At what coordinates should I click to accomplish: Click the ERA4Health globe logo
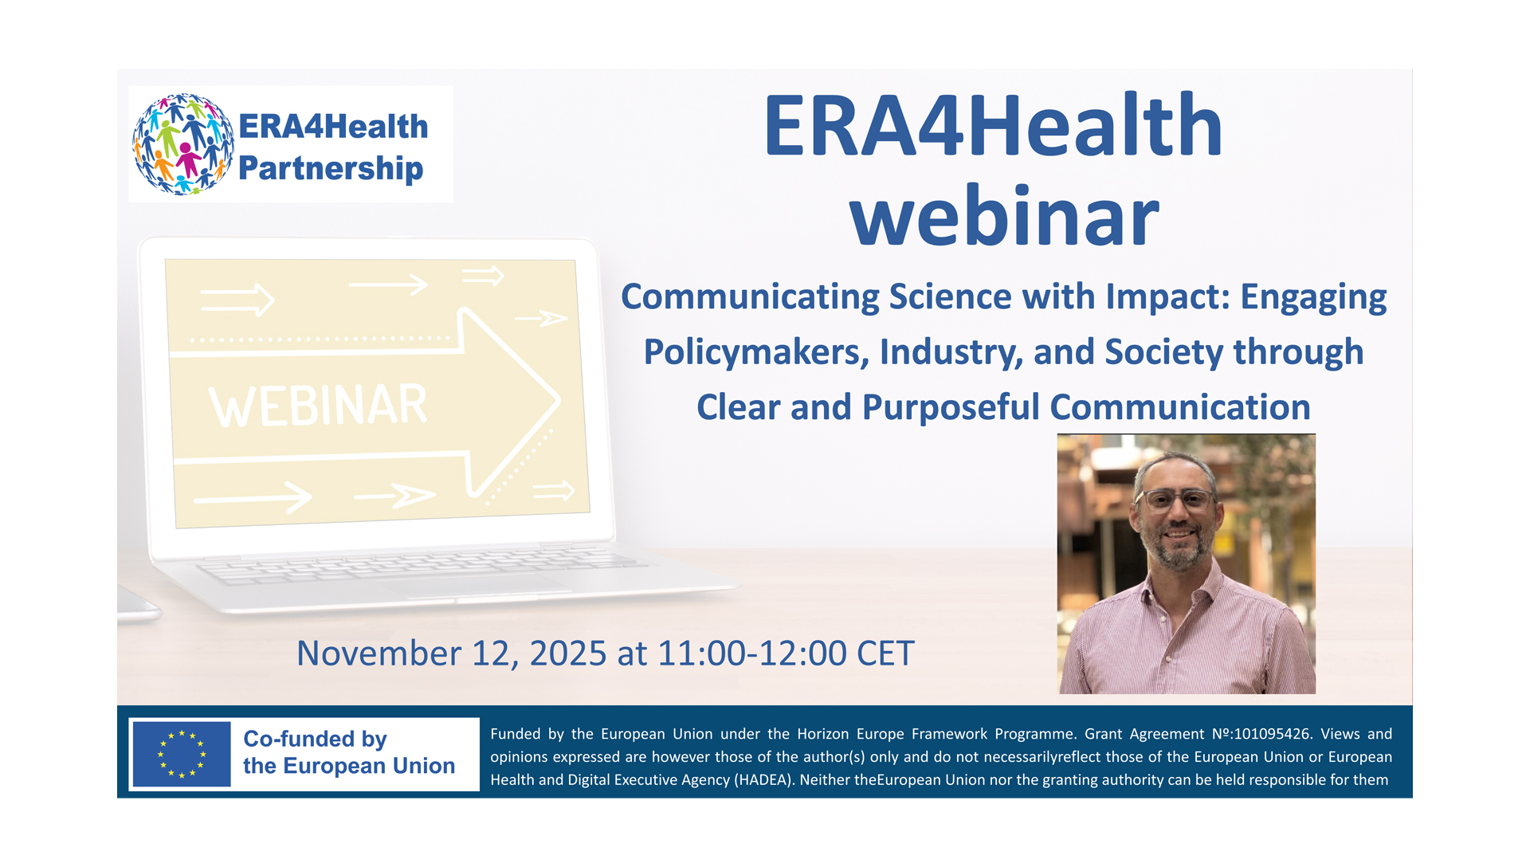click(x=183, y=144)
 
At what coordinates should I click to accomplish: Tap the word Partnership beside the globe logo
click(x=331, y=169)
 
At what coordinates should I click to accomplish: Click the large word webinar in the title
click(x=1004, y=216)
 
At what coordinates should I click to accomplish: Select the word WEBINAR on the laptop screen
click(x=318, y=406)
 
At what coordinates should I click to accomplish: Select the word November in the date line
click(x=379, y=653)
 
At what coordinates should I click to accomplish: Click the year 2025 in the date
click(x=568, y=653)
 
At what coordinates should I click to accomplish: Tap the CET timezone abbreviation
click(x=885, y=653)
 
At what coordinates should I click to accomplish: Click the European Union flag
click(x=182, y=754)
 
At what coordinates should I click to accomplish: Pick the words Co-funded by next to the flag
click(x=315, y=739)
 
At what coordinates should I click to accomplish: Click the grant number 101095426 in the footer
click(x=1272, y=734)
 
